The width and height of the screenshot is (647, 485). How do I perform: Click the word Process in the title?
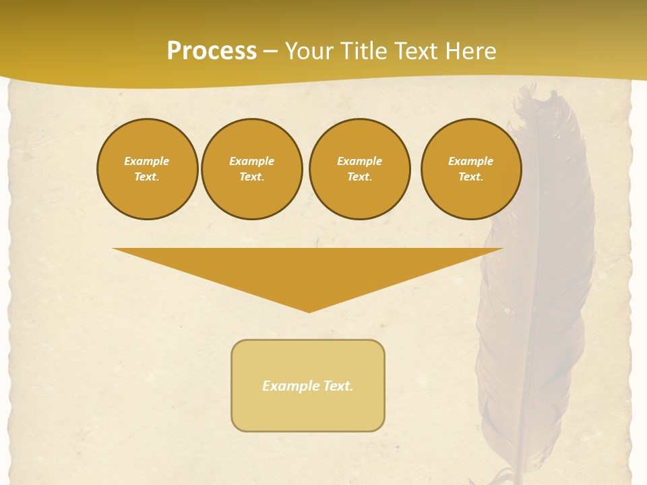click(x=212, y=51)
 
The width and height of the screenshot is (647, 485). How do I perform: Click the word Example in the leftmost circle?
click(x=147, y=161)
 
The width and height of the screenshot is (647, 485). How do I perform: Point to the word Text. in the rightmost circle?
click(x=471, y=177)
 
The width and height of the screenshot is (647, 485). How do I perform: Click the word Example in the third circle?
click(x=359, y=161)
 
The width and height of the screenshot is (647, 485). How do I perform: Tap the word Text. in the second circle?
click(x=252, y=177)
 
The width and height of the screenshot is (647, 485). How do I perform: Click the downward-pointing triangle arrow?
click(x=308, y=269)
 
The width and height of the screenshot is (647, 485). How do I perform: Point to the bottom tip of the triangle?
click(x=309, y=311)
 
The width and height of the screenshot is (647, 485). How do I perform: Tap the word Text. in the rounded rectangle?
click(x=337, y=386)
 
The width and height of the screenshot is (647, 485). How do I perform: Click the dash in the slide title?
click(x=270, y=51)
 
